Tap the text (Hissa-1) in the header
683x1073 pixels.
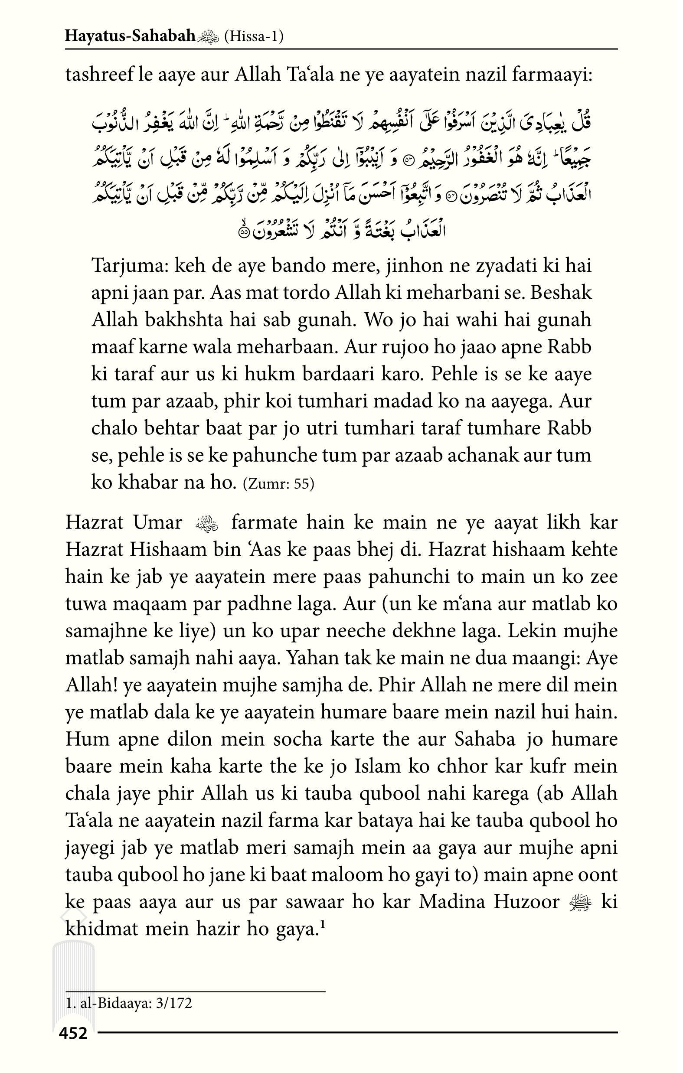tap(254, 36)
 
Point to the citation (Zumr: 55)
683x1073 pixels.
tap(279, 484)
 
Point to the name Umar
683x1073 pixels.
tap(158, 523)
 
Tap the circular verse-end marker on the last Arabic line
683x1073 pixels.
tap(244, 232)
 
